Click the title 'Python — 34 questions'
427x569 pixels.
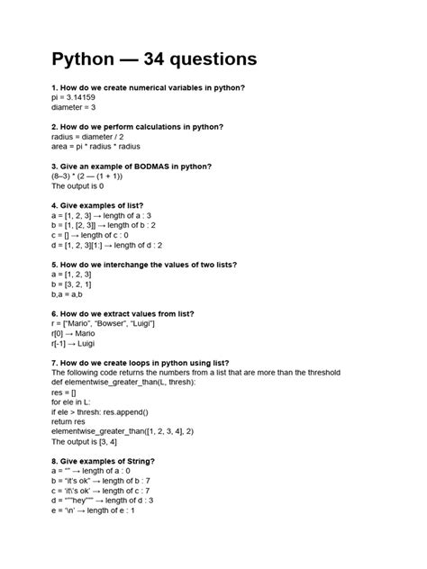[x=154, y=59]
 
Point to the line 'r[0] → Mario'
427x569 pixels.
[x=73, y=333]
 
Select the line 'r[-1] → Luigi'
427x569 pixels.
[x=73, y=343]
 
